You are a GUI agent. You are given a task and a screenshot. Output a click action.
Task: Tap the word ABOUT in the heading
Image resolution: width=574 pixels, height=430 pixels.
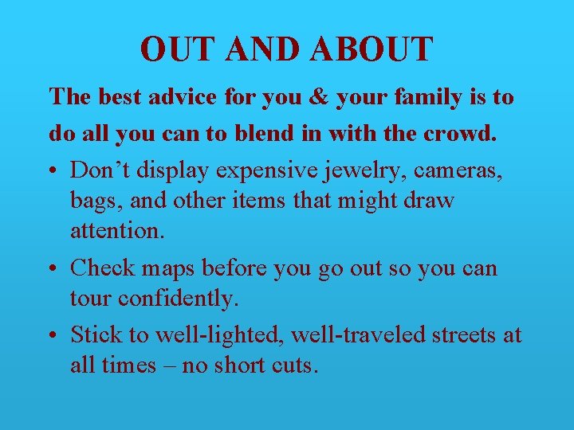372,49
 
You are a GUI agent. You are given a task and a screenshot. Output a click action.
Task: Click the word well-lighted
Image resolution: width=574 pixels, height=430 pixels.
218,335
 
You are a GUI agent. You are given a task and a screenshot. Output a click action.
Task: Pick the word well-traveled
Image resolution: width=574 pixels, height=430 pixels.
358,335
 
